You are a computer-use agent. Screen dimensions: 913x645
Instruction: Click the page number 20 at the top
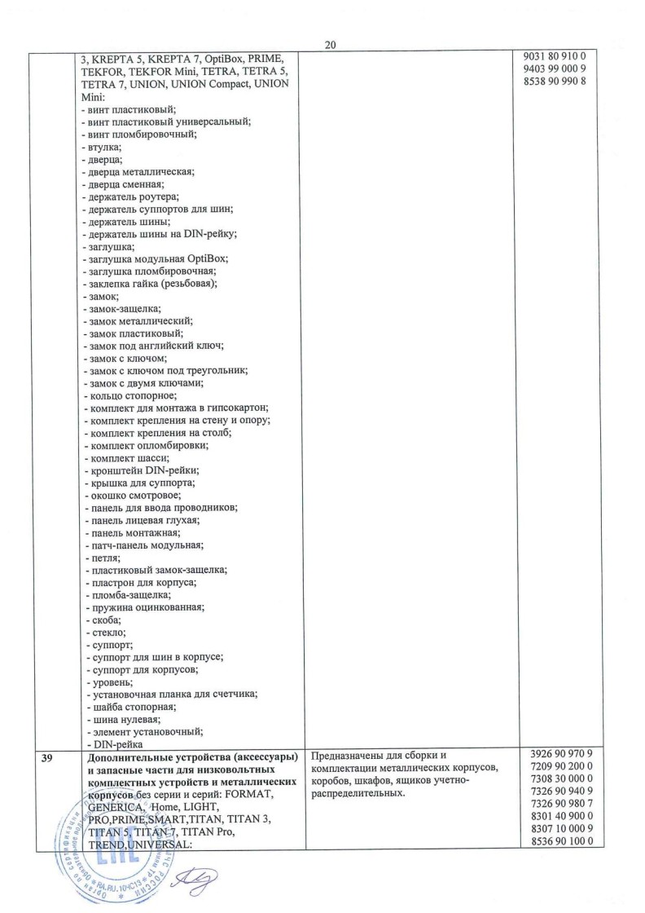[x=330, y=45]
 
